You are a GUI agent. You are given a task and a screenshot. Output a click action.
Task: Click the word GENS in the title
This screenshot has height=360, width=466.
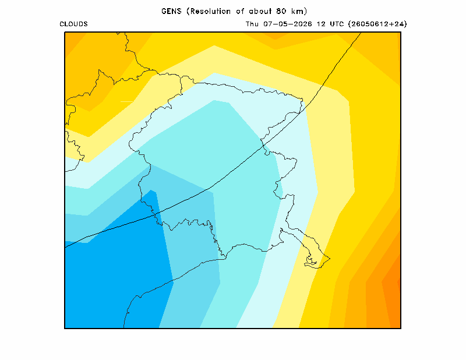[x=171, y=11]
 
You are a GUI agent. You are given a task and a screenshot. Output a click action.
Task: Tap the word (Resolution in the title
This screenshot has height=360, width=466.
[x=209, y=11]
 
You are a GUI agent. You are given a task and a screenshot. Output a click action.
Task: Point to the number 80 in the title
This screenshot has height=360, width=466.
[x=281, y=11]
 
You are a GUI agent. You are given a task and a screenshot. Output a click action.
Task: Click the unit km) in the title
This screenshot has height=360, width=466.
[x=299, y=11]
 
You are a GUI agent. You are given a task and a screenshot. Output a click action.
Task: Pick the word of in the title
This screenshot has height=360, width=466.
[x=240, y=11]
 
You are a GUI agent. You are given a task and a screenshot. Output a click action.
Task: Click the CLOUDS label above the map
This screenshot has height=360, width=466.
[x=74, y=24]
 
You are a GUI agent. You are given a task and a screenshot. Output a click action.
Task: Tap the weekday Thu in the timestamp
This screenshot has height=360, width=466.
[x=252, y=24]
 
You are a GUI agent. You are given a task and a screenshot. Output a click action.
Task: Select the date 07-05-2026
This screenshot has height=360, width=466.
[x=288, y=24]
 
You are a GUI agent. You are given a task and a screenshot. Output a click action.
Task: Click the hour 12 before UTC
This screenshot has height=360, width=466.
[x=321, y=24]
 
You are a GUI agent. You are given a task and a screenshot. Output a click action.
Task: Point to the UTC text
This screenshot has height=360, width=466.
[x=337, y=24]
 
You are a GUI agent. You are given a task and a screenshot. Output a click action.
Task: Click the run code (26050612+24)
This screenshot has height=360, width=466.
[x=377, y=24]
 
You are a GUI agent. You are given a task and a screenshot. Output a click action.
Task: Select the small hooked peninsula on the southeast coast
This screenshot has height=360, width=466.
[x=311, y=261]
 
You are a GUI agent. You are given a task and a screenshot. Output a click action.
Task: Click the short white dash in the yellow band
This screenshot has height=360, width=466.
[x=126, y=102]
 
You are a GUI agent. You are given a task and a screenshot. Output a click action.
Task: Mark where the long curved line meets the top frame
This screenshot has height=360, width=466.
[x=361, y=33]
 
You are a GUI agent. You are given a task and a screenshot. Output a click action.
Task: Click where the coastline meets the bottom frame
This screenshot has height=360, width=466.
[x=123, y=328]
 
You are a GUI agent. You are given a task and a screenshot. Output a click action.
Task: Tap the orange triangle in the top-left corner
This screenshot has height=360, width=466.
[x=73, y=41]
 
